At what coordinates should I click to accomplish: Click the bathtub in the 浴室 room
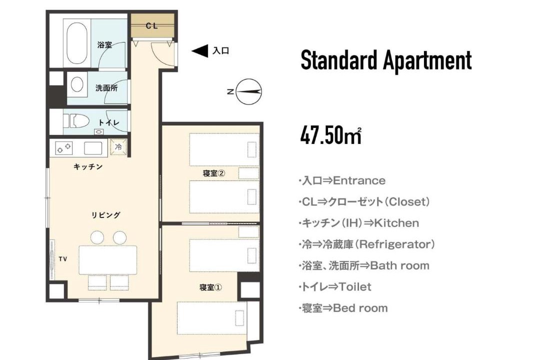[77, 44]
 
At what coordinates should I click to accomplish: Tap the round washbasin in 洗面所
[77, 84]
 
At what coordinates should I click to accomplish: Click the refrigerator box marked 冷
[118, 147]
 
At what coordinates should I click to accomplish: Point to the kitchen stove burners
[64, 148]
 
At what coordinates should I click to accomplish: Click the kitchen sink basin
[93, 148]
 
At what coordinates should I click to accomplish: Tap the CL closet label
[151, 26]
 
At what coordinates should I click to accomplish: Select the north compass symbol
[248, 91]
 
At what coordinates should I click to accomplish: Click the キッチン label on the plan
[88, 166]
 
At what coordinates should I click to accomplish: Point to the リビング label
[105, 215]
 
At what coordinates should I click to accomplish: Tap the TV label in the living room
[62, 259]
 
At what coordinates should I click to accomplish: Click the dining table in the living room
[108, 260]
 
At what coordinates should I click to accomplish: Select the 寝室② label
[214, 173]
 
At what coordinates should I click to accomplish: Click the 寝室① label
[211, 287]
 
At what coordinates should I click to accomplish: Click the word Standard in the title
[339, 60]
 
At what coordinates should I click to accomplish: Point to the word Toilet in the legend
[355, 286]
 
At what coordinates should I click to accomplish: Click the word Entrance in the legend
[359, 180]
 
